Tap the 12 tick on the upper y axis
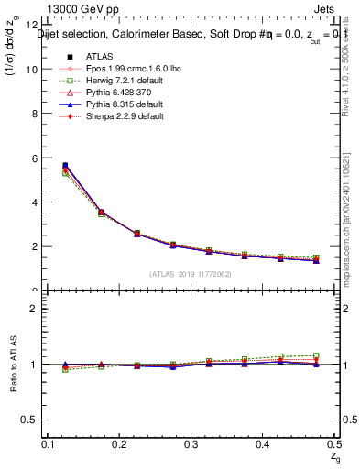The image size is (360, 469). pyautogui.click(x=33, y=25)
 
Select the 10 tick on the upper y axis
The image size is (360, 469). pyautogui.click(x=33, y=70)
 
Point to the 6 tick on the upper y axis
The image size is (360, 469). pyautogui.click(x=35, y=158)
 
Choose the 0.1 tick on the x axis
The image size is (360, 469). pyautogui.click(x=50, y=443)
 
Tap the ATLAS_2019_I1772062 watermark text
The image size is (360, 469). pyautogui.click(x=191, y=274)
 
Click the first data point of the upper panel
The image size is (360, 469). pyautogui.click(x=65, y=166)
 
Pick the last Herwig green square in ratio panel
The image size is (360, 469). pyautogui.click(x=317, y=355)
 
